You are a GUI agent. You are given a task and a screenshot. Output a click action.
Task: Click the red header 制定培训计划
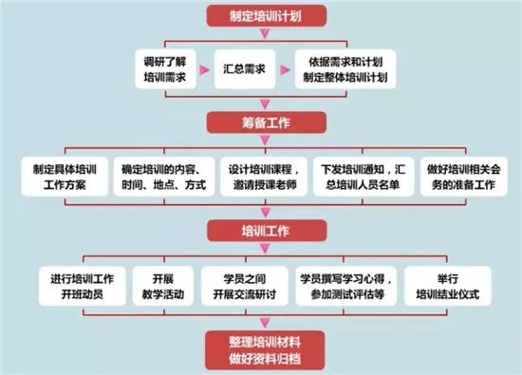(x=260, y=15)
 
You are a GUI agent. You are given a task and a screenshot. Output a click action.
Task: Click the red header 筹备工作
(x=260, y=122)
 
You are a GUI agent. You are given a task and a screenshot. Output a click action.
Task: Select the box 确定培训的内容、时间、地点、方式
(x=163, y=177)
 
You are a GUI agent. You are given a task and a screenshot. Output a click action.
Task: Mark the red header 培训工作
(x=260, y=232)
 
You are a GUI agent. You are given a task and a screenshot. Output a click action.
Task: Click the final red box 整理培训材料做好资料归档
(x=260, y=347)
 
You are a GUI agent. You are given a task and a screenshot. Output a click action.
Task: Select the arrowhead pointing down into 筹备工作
(x=260, y=104)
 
